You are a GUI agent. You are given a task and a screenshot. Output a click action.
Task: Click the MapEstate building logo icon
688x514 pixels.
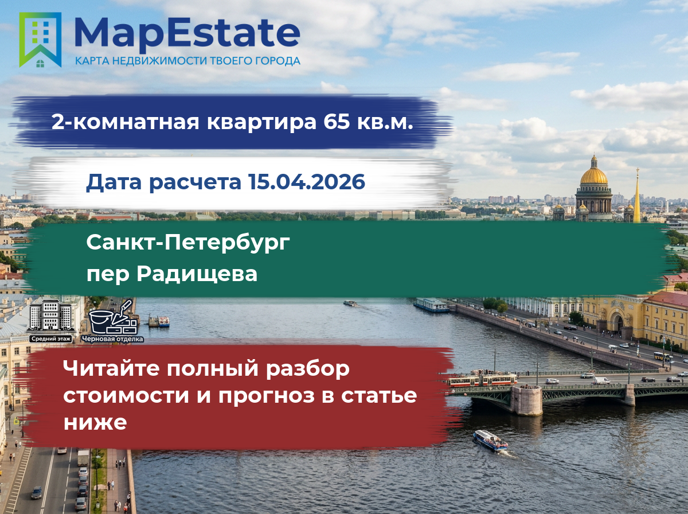tap(40, 40)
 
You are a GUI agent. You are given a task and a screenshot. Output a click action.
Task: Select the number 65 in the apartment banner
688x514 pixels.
tap(337, 122)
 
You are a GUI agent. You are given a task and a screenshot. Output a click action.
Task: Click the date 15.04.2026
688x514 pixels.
tap(307, 182)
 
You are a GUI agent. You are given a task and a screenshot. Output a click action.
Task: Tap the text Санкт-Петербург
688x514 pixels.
tap(188, 243)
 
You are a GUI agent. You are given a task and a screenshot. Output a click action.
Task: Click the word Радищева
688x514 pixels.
tap(197, 274)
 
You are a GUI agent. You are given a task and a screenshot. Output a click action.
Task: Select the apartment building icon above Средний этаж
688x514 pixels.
tap(51, 316)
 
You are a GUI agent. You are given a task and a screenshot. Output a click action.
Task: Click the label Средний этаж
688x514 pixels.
tap(51, 338)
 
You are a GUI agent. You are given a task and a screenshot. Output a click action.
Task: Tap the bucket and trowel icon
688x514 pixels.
tap(114, 317)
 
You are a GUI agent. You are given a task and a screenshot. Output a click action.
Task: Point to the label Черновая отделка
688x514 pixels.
tap(112, 339)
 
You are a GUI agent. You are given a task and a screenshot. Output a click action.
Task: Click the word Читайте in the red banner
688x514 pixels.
tap(111, 368)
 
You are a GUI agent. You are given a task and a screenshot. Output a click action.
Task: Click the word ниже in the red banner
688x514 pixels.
tap(95, 422)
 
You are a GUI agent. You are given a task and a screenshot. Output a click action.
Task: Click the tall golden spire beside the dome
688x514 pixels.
tap(637, 196)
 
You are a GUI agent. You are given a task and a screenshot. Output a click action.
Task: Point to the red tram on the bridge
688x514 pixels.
tap(482, 380)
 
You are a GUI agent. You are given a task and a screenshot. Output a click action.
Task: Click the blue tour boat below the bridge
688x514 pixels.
tap(490, 441)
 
